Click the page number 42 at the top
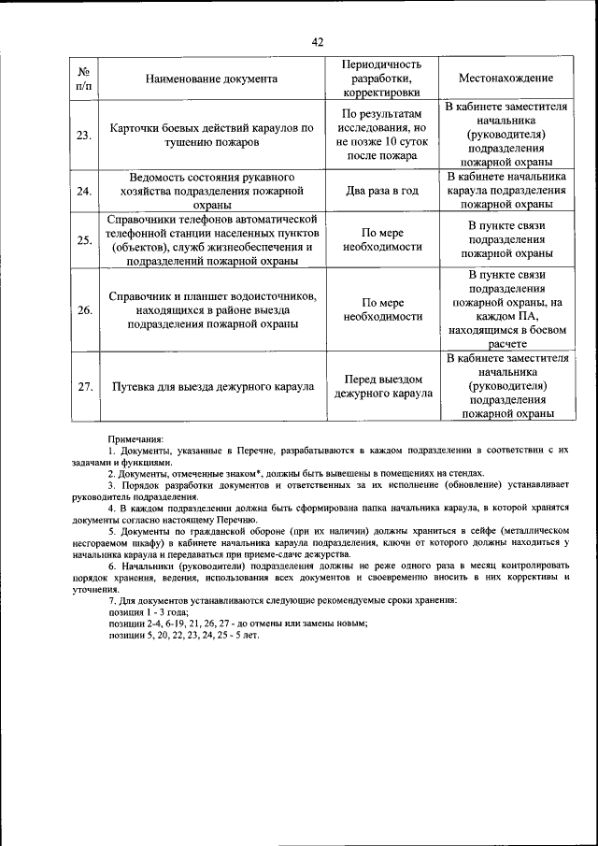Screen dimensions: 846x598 tap(318, 41)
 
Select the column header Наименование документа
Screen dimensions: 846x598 tap(211, 79)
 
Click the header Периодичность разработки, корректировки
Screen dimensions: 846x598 tap(382, 79)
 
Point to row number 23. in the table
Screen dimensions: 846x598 tap(84, 135)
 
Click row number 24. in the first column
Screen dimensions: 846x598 tap(84, 191)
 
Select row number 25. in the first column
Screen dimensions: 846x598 tap(84, 240)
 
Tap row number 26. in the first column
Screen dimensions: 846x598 tap(84, 310)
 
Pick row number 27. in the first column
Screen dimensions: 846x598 tap(84, 386)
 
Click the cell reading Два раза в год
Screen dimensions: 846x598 tap(382, 191)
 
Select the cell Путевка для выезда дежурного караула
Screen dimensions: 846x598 tap(212, 386)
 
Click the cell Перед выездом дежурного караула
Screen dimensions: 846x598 tap(382, 386)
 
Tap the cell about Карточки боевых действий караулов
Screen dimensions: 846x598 tap(211, 136)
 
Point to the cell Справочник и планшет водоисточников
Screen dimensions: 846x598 tap(211, 310)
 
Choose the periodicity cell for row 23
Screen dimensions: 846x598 tap(382, 135)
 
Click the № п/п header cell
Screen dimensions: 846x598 tap(84, 79)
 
